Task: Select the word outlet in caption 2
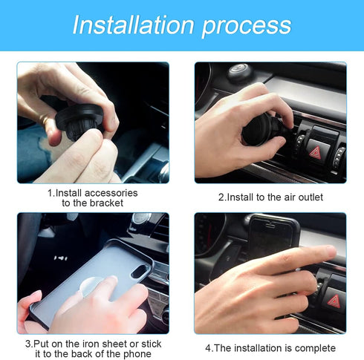click(308, 197)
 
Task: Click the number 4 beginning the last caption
click(208, 348)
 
